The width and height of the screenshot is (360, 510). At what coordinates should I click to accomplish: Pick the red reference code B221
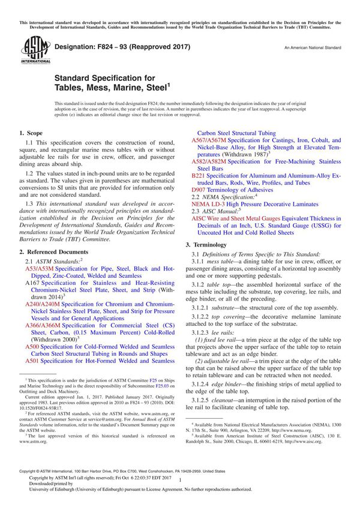(x=199, y=175)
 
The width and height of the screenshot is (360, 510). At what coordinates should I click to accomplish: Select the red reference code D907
(x=199, y=189)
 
